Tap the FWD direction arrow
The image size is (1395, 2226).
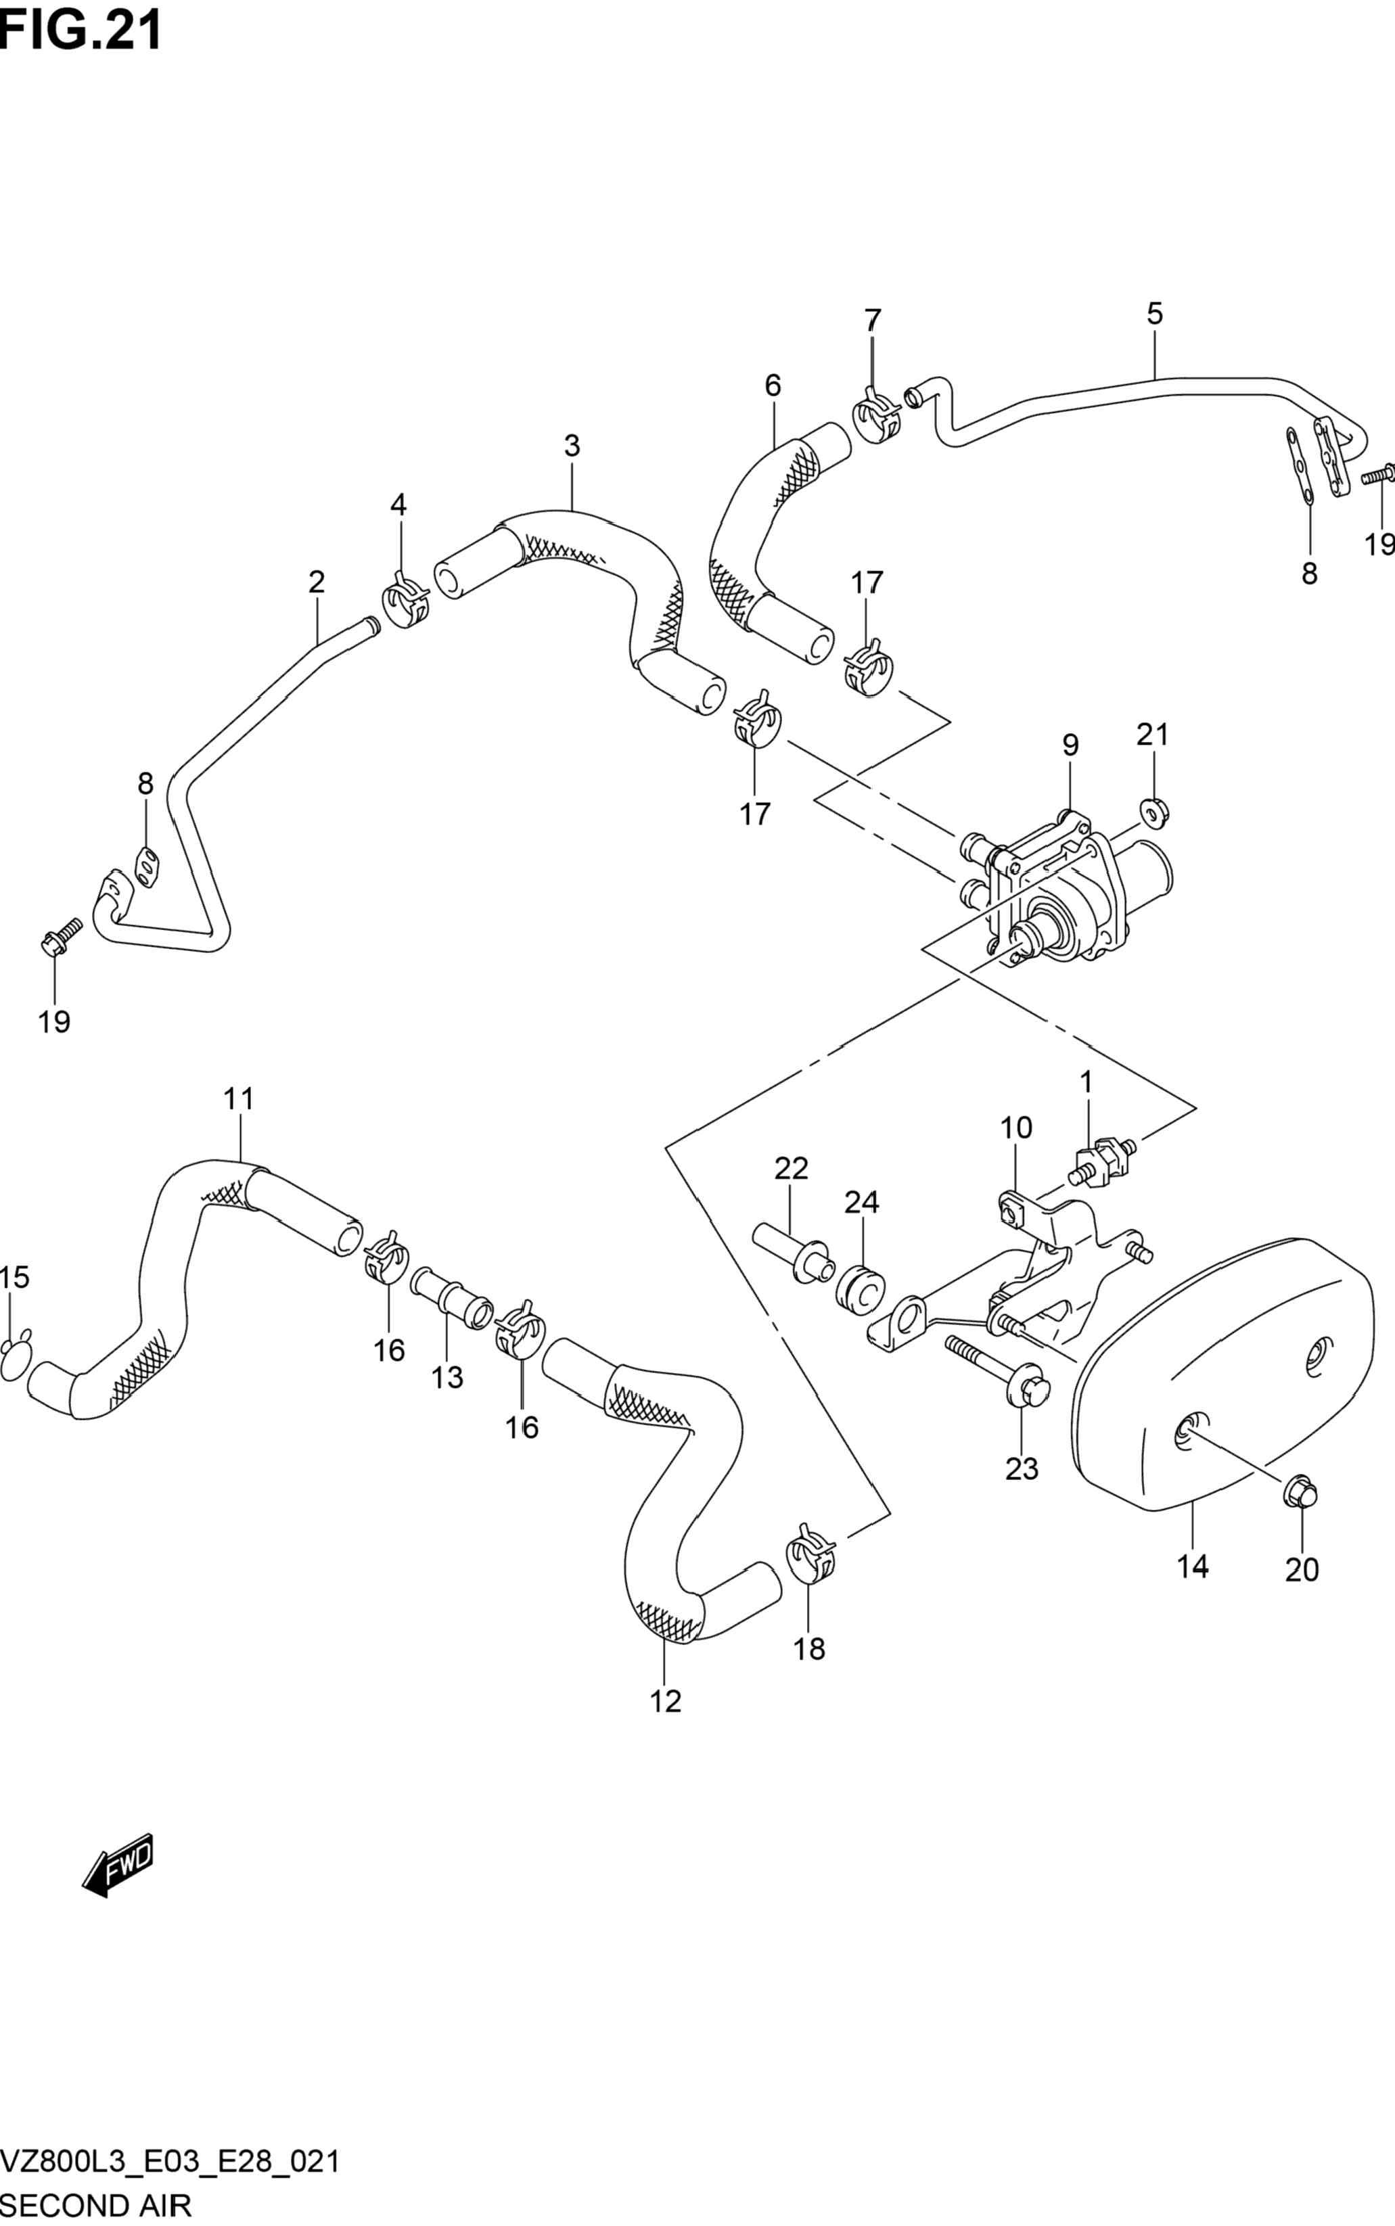click(x=117, y=1863)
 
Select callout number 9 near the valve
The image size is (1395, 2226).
click(x=1070, y=745)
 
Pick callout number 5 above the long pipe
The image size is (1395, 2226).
click(x=1155, y=314)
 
